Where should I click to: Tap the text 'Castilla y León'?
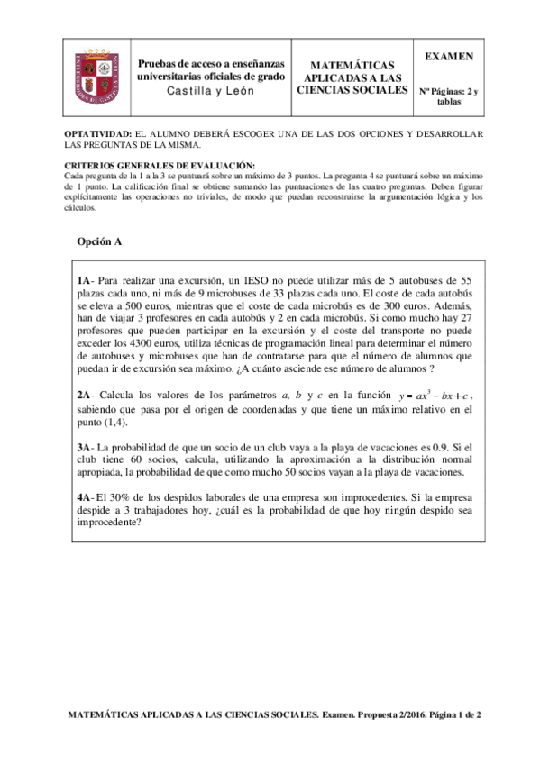click(x=209, y=93)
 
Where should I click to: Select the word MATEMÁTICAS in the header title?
click(x=352, y=66)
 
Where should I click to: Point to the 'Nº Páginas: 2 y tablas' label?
click(x=449, y=96)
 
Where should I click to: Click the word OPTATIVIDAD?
click(x=98, y=134)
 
